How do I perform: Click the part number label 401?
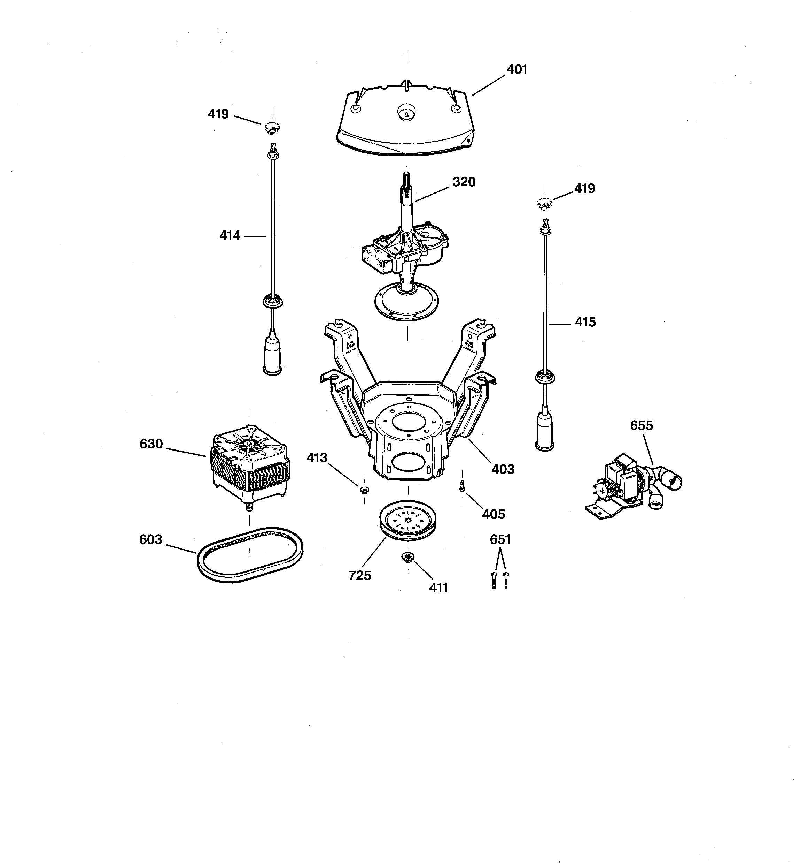(516, 69)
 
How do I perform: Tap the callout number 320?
(464, 182)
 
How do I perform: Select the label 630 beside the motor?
(151, 444)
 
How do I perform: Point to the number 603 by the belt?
(150, 539)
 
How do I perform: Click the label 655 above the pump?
(641, 426)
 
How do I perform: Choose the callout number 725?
(359, 576)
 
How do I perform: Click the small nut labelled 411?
(407, 558)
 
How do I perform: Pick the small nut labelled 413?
(364, 490)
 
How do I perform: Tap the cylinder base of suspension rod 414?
(272, 358)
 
